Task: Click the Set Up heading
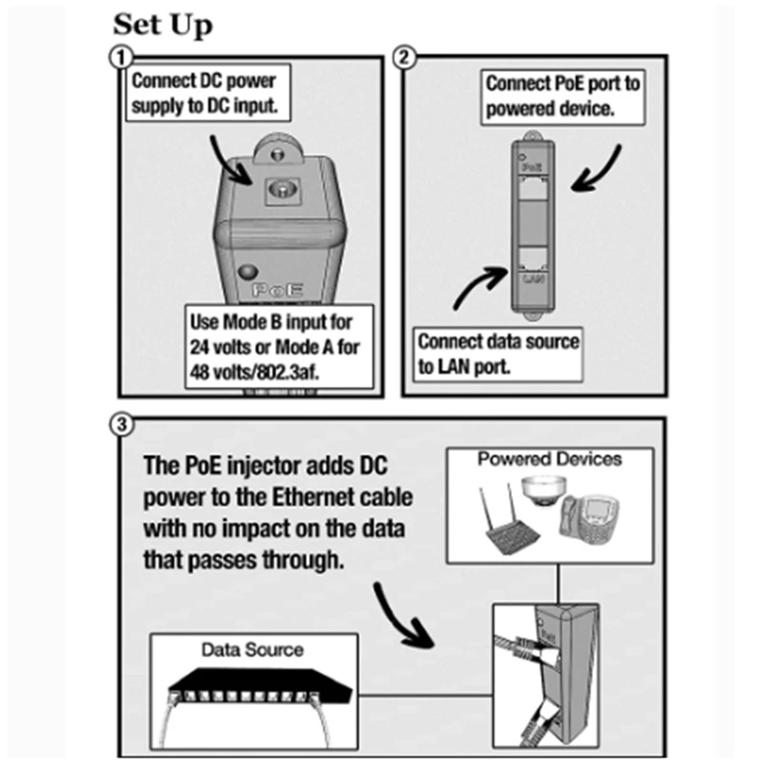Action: (163, 25)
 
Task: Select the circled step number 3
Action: (120, 425)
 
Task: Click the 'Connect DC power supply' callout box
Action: (207, 94)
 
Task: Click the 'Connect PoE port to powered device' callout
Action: (561, 96)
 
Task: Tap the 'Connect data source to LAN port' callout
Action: (498, 353)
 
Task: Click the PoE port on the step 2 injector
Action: (533, 190)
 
